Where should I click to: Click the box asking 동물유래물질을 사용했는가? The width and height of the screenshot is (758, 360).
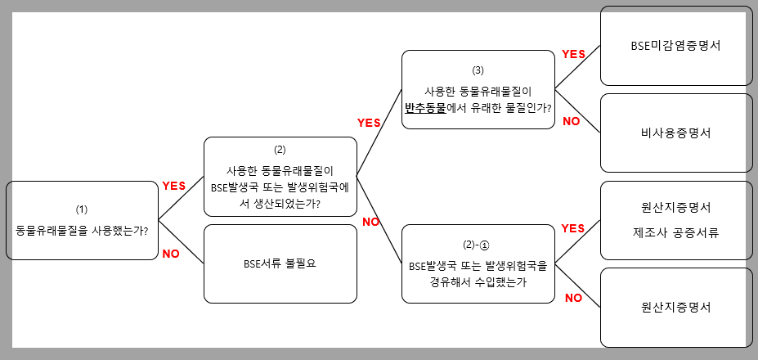point(82,221)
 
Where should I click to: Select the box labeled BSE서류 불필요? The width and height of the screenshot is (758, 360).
point(280,263)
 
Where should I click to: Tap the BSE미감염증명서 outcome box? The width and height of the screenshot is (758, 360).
point(675,46)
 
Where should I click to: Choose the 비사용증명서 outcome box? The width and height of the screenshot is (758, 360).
point(675,133)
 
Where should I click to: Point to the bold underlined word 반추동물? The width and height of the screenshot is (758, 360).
point(425,107)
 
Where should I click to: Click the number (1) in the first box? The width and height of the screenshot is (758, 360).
point(82,209)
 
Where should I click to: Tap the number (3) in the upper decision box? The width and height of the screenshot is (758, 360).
point(478,70)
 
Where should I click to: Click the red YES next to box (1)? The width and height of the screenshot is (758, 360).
point(174,187)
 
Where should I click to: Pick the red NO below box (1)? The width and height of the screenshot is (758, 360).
point(171,254)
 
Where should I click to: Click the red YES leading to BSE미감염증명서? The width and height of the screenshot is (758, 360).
point(573,54)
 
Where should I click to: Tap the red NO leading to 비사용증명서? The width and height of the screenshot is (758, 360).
point(572,122)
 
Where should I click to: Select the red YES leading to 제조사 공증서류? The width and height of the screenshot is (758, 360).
point(573,228)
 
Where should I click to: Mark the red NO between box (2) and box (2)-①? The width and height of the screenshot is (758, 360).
point(370,222)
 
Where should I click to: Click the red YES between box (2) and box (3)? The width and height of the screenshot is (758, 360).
point(370,123)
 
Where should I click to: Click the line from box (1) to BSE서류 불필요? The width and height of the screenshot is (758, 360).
point(181,242)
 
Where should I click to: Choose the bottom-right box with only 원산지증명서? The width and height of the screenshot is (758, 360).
point(675,308)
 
